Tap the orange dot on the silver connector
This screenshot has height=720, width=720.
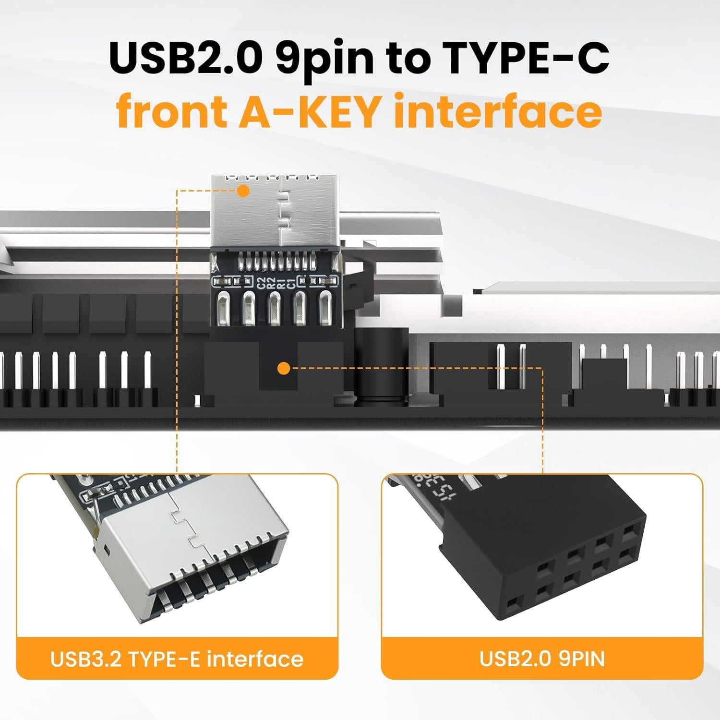[x=244, y=191]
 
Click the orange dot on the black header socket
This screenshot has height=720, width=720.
[x=284, y=369]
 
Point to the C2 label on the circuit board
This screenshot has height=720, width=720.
[x=262, y=283]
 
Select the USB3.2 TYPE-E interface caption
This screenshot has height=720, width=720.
[x=177, y=659]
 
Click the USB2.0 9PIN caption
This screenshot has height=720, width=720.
[x=542, y=659]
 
